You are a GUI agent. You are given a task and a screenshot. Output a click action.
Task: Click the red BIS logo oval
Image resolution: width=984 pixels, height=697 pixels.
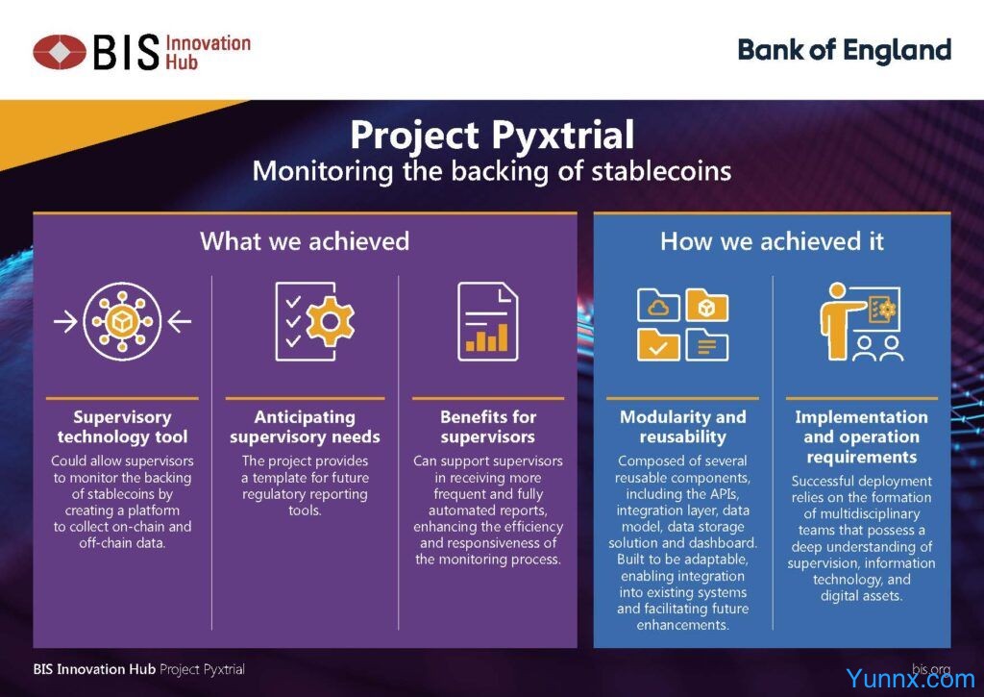point(59,52)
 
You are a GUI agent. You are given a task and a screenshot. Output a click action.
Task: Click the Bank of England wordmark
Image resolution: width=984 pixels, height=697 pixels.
point(844,51)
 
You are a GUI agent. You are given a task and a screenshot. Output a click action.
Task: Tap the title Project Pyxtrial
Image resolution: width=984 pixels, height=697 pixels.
point(492,135)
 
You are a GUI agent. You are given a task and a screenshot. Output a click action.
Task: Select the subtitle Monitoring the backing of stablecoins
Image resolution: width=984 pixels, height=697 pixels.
point(492,171)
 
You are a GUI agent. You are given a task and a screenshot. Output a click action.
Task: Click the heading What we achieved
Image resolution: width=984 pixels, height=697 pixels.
point(305,241)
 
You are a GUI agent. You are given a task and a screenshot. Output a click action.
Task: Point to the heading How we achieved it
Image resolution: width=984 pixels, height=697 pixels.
point(772,241)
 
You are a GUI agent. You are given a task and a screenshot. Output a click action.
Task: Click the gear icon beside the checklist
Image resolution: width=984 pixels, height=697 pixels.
point(331,321)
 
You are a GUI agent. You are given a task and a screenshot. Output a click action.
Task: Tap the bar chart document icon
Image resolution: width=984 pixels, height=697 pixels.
point(487,321)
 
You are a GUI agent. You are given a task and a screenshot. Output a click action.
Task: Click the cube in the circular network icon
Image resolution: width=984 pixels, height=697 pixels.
point(122,321)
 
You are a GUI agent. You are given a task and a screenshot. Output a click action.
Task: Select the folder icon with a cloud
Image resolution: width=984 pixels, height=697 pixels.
point(658,305)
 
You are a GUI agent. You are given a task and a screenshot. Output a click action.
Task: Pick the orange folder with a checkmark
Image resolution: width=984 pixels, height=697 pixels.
point(658,344)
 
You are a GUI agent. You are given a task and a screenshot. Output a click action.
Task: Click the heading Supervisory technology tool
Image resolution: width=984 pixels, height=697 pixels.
point(122,427)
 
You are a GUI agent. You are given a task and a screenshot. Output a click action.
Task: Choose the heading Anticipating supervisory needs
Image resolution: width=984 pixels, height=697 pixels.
point(305,427)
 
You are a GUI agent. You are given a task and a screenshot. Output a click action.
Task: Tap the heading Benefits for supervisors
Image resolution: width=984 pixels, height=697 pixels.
point(488,427)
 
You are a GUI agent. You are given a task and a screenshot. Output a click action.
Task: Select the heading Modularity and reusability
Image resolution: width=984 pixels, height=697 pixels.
point(683,427)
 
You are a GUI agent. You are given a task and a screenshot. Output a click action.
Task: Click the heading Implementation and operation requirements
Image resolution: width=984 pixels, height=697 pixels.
point(862,437)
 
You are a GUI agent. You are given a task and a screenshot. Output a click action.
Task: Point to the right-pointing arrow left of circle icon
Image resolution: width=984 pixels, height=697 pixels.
point(66,322)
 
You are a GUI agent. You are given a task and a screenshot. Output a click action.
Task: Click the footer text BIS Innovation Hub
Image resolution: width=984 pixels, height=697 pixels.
point(94,669)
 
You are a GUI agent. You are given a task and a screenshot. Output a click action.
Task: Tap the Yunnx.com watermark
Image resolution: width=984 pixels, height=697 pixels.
point(910,678)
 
